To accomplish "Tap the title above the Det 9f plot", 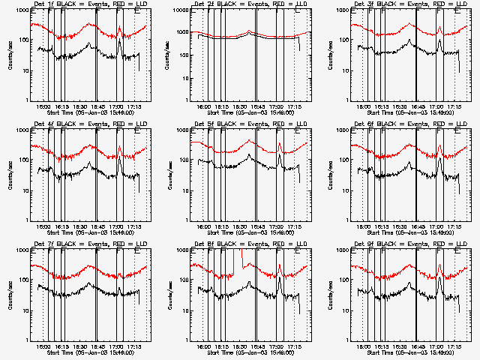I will click(409, 244).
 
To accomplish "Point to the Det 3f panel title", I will click(409, 4).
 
